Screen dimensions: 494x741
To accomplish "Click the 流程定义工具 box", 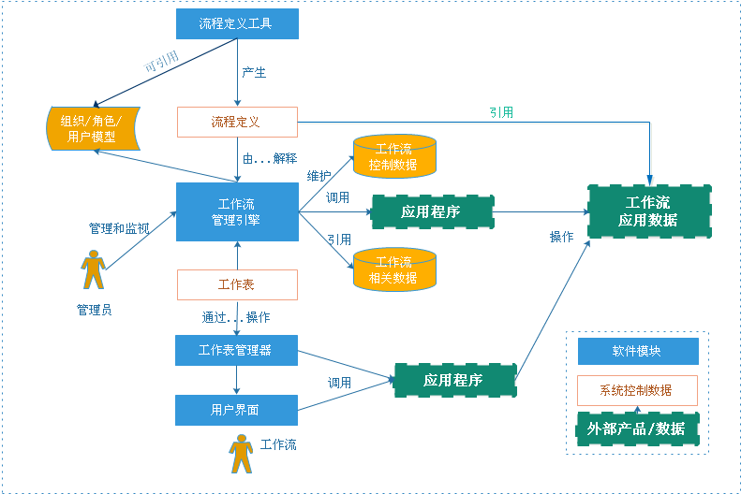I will click(237, 23).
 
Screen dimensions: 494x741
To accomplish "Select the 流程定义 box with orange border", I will click(237, 122).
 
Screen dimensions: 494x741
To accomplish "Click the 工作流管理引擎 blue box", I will click(237, 211).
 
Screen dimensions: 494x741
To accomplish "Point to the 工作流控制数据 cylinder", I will click(394, 156).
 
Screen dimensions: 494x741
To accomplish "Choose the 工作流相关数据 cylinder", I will click(394, 269).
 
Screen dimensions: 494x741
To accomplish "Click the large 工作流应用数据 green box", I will click(648, 211).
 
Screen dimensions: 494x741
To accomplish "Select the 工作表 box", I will click(237, 284).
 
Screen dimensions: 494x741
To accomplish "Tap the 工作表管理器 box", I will click(237, 350).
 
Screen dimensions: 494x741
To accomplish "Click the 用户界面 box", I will click(237, 410).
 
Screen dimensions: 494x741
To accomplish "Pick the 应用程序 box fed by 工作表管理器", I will click(453, 380).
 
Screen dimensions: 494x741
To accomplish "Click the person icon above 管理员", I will click(93, 269).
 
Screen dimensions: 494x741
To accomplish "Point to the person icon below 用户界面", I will click(242, 454).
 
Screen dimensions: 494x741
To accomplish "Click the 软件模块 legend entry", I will click(637, 352).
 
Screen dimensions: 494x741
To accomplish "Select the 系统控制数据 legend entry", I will click(637, 390).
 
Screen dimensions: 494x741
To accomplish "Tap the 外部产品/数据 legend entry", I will click(637, 429).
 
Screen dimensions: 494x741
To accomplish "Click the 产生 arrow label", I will click(255, 73).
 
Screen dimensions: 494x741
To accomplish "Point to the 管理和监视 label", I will click(119, 228).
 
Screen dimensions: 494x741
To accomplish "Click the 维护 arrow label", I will click(319, 175).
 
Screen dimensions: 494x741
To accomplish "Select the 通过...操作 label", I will click(236, 317).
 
